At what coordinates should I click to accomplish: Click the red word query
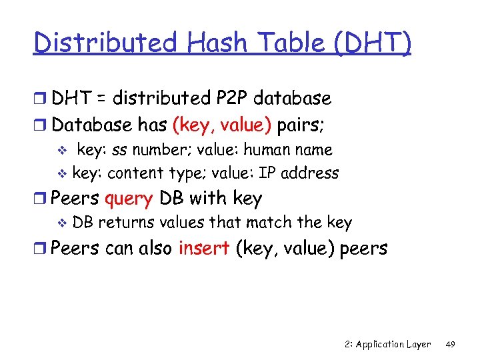129,199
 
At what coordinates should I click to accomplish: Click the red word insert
205,249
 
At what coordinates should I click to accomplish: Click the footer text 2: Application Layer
388,344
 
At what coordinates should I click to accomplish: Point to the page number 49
450,344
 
